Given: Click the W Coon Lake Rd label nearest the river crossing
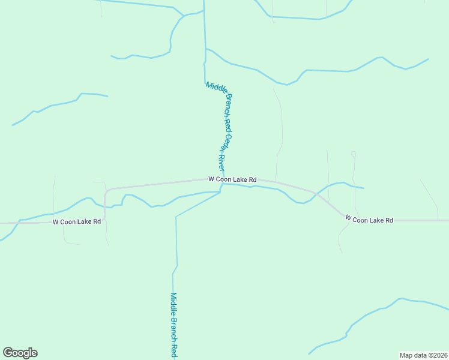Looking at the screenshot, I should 232,179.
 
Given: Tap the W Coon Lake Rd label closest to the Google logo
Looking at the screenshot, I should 76,222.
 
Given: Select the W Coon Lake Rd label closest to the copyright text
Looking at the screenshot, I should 369,220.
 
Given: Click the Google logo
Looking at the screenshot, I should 20,353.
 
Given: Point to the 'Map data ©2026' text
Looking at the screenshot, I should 423,355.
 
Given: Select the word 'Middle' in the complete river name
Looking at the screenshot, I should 211,88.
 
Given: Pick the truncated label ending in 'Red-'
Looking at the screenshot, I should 173,326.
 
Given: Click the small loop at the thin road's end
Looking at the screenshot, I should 354,154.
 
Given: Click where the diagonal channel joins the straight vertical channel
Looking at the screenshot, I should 176,217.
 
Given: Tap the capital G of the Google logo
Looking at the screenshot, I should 8,353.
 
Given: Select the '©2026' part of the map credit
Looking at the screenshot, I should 436,355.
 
